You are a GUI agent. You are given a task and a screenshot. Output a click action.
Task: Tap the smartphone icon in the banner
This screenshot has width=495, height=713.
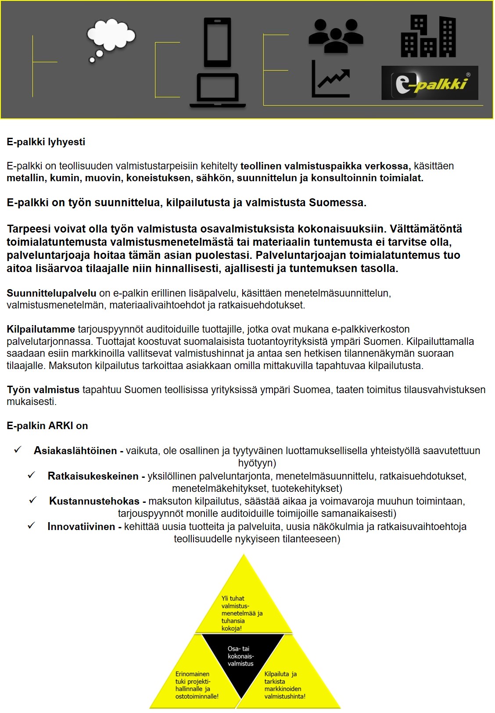[217, 42]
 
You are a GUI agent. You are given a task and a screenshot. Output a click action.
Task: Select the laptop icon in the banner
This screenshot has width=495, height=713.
[218, 90]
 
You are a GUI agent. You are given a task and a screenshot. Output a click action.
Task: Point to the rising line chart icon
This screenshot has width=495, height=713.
[331, 79]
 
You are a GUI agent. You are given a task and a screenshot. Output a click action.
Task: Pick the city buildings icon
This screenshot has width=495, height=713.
[428, 37]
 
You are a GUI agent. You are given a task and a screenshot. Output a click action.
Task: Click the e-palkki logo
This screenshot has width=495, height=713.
[430, 83]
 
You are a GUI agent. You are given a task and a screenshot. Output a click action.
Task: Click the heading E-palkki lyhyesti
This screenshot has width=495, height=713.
[46, 142]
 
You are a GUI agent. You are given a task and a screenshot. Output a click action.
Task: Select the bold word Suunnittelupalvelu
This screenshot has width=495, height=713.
[51, 293]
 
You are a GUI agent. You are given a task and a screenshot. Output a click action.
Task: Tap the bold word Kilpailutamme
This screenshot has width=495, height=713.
[41, 329]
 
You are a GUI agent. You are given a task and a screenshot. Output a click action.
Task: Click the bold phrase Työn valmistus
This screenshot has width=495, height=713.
[43, 390]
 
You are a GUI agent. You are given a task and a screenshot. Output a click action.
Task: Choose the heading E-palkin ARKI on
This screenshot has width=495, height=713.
[47, 426]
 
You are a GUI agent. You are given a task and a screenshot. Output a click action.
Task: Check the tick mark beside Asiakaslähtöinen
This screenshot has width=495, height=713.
[18, 450]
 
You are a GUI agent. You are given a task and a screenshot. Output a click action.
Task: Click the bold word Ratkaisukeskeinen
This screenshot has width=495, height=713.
[93, 476]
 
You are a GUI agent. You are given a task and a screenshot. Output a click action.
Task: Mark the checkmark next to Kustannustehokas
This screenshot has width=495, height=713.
[32, 500]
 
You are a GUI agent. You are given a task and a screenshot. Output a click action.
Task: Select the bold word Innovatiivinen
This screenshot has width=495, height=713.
[81, 527]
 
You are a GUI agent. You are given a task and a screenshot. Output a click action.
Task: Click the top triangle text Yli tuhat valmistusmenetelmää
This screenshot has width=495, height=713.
[242, 613]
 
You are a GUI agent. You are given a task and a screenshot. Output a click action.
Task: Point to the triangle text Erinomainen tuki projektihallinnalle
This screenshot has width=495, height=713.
[197, 685]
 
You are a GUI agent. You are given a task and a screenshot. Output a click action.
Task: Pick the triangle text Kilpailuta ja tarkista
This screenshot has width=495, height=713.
[284, 685]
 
